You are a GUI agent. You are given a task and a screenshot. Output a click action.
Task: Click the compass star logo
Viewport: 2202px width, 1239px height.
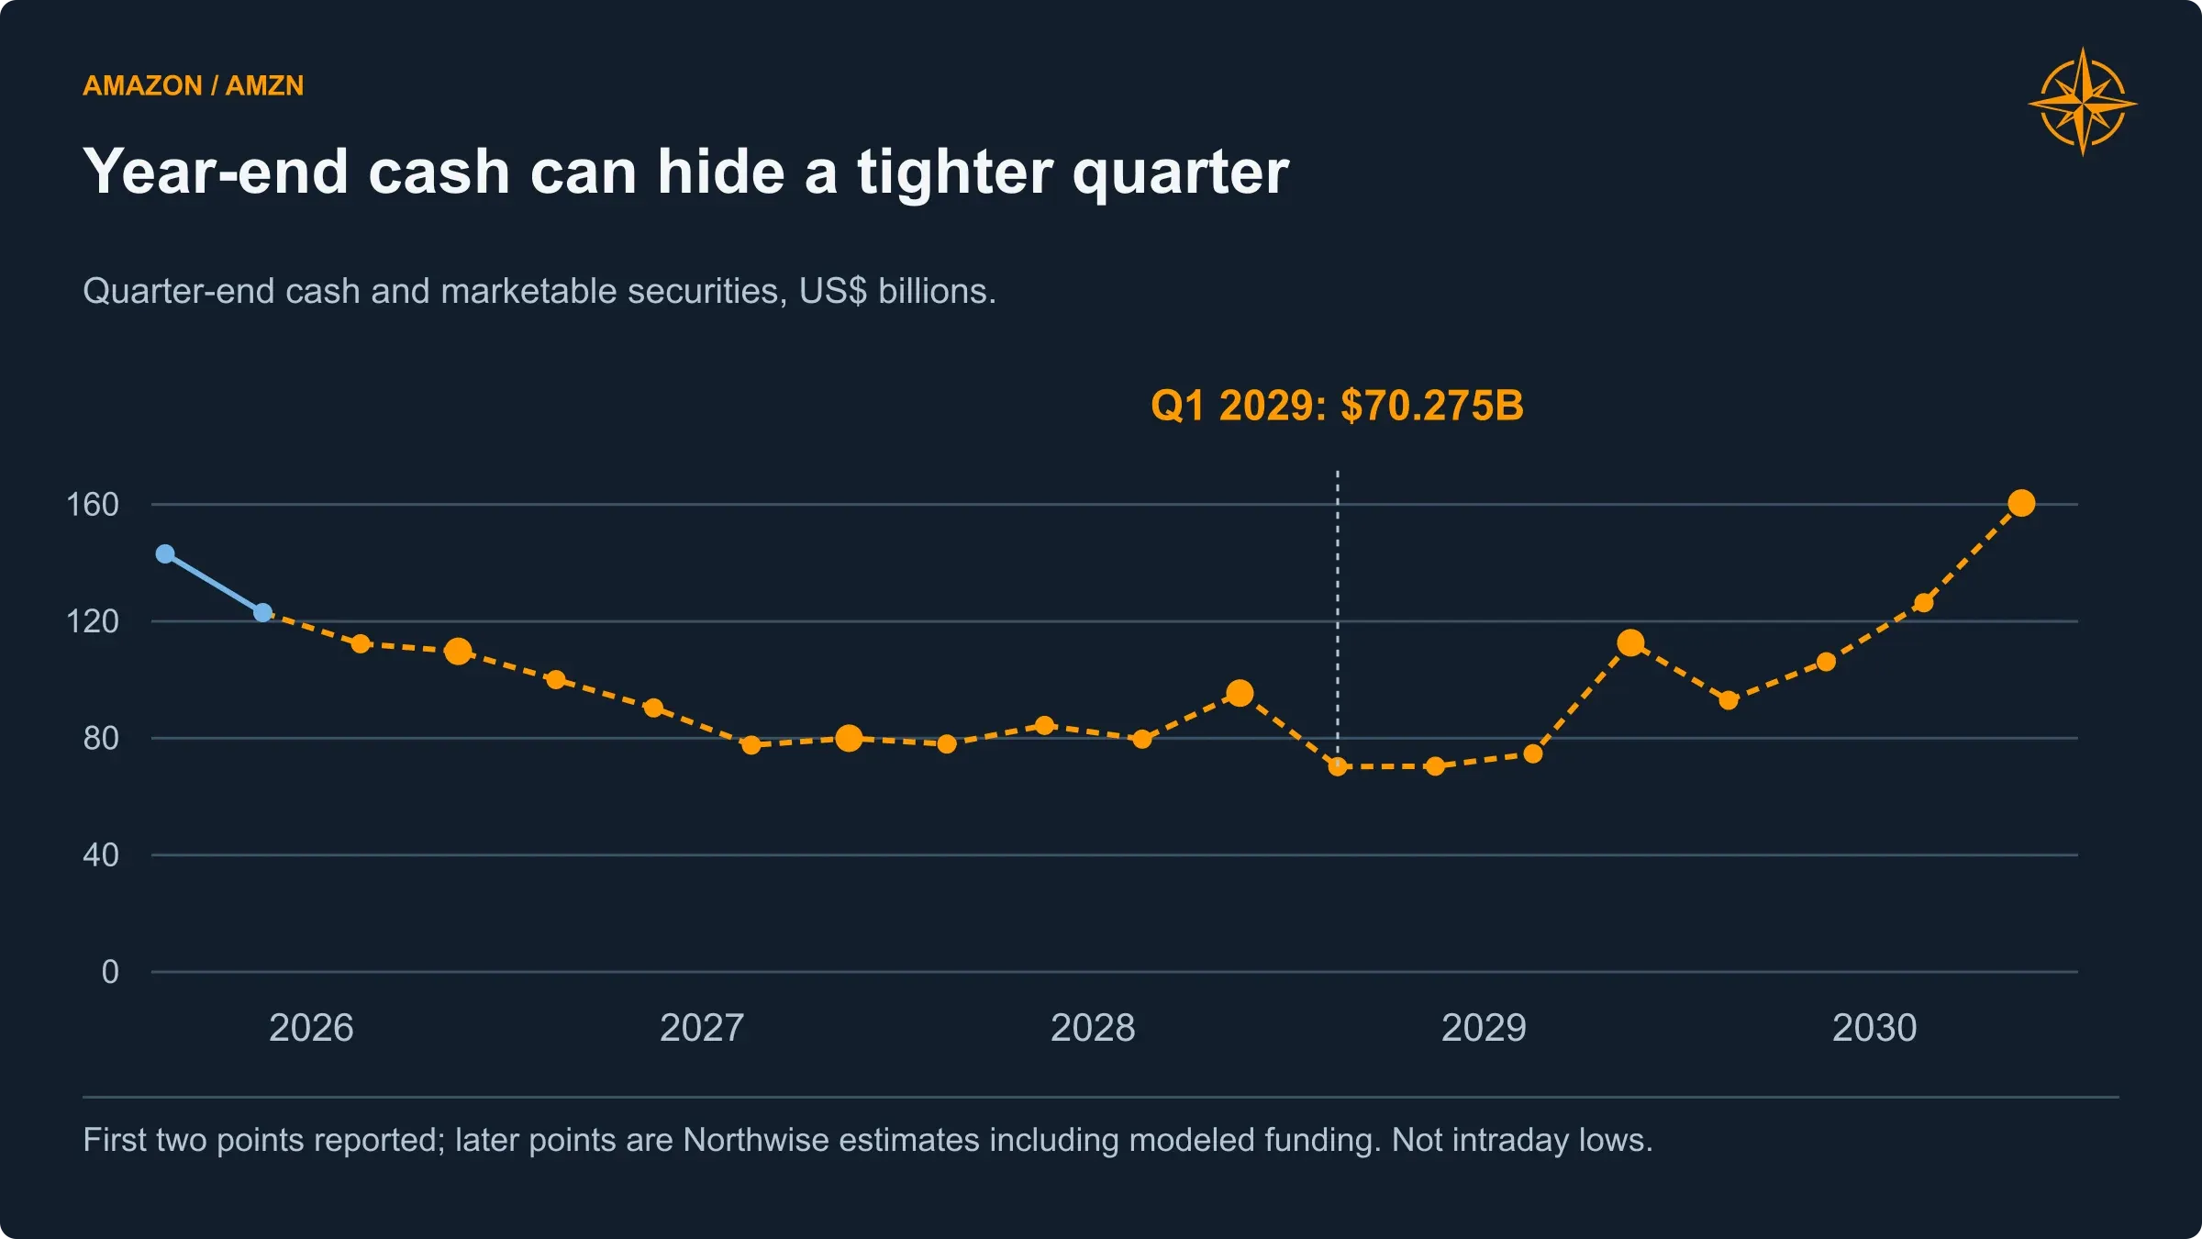(2083, 102)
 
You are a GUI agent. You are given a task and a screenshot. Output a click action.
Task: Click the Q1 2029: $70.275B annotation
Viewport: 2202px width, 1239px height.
(1337, 406)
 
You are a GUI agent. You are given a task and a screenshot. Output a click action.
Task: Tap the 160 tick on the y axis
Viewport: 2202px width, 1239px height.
(93, 504)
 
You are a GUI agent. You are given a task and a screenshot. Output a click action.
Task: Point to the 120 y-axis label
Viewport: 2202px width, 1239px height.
(93, 621)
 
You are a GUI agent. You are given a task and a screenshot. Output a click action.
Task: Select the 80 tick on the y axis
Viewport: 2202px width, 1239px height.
(101, 738)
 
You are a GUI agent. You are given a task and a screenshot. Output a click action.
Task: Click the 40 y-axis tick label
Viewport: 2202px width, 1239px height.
(101, 855)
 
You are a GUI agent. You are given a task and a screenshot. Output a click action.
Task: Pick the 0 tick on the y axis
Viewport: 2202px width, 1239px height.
(110, 972)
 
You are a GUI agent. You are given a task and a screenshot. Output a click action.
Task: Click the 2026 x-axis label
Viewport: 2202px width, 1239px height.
(311, 1028)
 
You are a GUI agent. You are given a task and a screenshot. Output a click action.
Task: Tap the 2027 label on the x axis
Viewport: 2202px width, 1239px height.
(702, 1028)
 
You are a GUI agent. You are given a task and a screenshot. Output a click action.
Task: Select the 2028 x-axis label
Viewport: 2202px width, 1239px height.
(1093, 1028)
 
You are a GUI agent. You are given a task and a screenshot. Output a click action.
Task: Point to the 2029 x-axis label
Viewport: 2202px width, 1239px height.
(1484, 1028)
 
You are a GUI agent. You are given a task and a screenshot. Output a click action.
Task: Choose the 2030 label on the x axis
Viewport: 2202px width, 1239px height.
(1874, 1028)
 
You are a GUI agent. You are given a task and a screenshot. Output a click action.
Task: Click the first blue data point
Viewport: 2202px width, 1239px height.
(165, 553)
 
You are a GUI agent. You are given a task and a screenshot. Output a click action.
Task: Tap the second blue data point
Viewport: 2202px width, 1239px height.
(262, 612)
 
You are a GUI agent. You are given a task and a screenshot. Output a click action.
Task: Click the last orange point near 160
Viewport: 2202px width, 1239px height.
(2021, 503)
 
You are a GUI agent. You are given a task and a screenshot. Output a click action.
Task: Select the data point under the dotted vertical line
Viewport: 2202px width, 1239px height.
(1338, 766)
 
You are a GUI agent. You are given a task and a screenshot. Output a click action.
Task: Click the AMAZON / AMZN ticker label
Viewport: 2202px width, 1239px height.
(193, 85)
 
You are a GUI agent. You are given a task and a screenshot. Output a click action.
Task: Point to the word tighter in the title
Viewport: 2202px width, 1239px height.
(954, 173)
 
